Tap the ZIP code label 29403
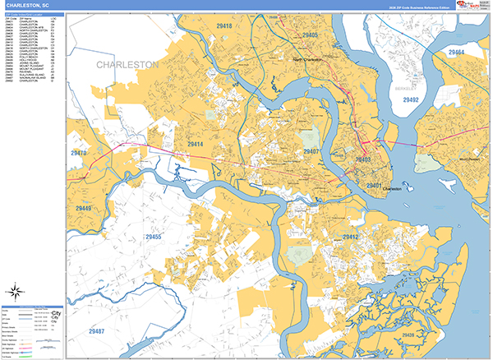(363, 159)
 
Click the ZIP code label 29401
(375, 187)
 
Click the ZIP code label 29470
(80, 153)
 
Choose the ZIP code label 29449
(84, 209)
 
